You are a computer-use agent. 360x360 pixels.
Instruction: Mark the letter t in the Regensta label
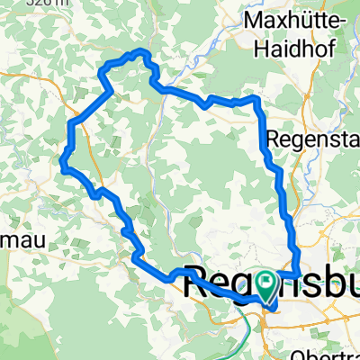345,140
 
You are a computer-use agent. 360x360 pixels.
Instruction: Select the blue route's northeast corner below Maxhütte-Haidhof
258,101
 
